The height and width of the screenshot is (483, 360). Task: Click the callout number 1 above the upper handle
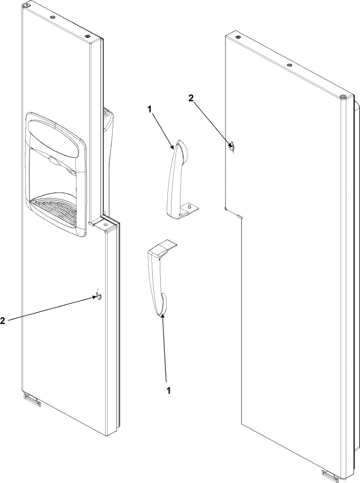click(x=149, y=110)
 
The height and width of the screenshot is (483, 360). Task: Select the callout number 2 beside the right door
click(x=191, y=98)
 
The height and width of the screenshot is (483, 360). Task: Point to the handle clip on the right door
click(x=232, y=146)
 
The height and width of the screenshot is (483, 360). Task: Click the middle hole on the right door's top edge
click(x=290, y=65)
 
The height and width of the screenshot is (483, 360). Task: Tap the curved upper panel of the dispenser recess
click(x=57, y=138)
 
